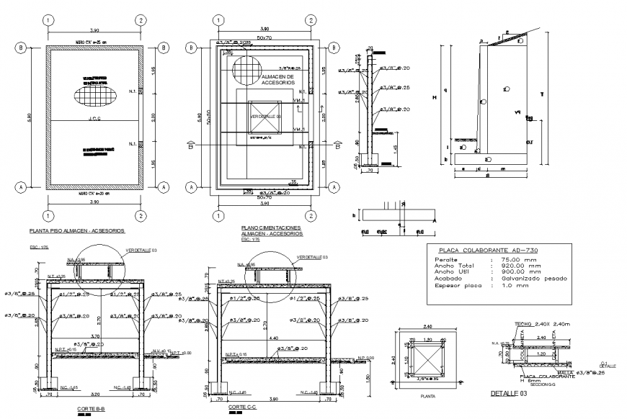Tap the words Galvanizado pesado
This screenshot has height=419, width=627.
coord(530,278)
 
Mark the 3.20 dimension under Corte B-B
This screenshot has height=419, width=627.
coord(95,395)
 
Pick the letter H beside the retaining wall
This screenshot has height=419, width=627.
coord(434,97)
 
